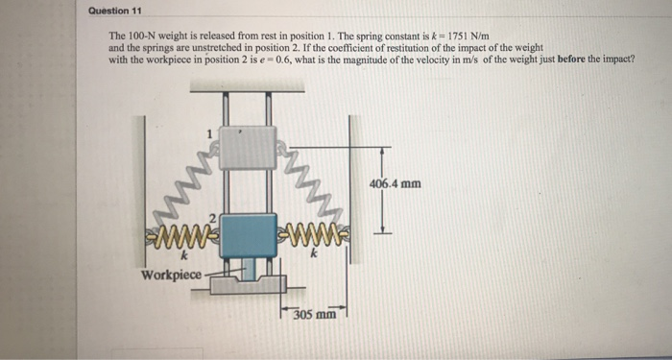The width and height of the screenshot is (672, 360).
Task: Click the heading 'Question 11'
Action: [x=114, y=12]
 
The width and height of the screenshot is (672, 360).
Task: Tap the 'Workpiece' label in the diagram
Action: [x=172, y=275]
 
